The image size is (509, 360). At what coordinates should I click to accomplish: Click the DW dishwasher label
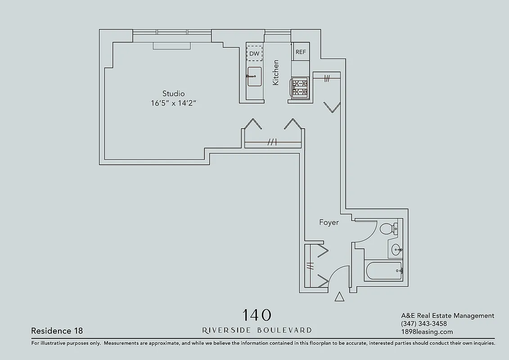[x=254, y=54]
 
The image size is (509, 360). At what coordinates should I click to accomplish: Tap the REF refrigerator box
[x=301, y=52]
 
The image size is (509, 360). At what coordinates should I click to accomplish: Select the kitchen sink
[x=254, y=76]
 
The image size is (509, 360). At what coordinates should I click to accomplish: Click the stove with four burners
[x=300, y=87]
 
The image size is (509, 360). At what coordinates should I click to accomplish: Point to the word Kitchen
[x=276, y=72]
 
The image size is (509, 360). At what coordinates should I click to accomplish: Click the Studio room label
[x=173, y=94]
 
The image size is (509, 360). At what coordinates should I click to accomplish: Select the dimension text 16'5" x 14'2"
[x=174, y=103]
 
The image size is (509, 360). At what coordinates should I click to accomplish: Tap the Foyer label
[x=329, y=222]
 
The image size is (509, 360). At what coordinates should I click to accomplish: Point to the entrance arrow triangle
[x=340, y=297]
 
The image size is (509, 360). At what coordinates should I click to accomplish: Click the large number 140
[x=257, y=315]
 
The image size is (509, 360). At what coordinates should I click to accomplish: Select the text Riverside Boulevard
[x=257, y=330]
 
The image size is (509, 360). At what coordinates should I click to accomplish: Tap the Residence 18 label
[x=57, y=331]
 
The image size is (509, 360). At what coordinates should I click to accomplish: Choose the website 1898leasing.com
[x=427, y=332]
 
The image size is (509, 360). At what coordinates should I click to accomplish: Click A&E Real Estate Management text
[x=447, y=315]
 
